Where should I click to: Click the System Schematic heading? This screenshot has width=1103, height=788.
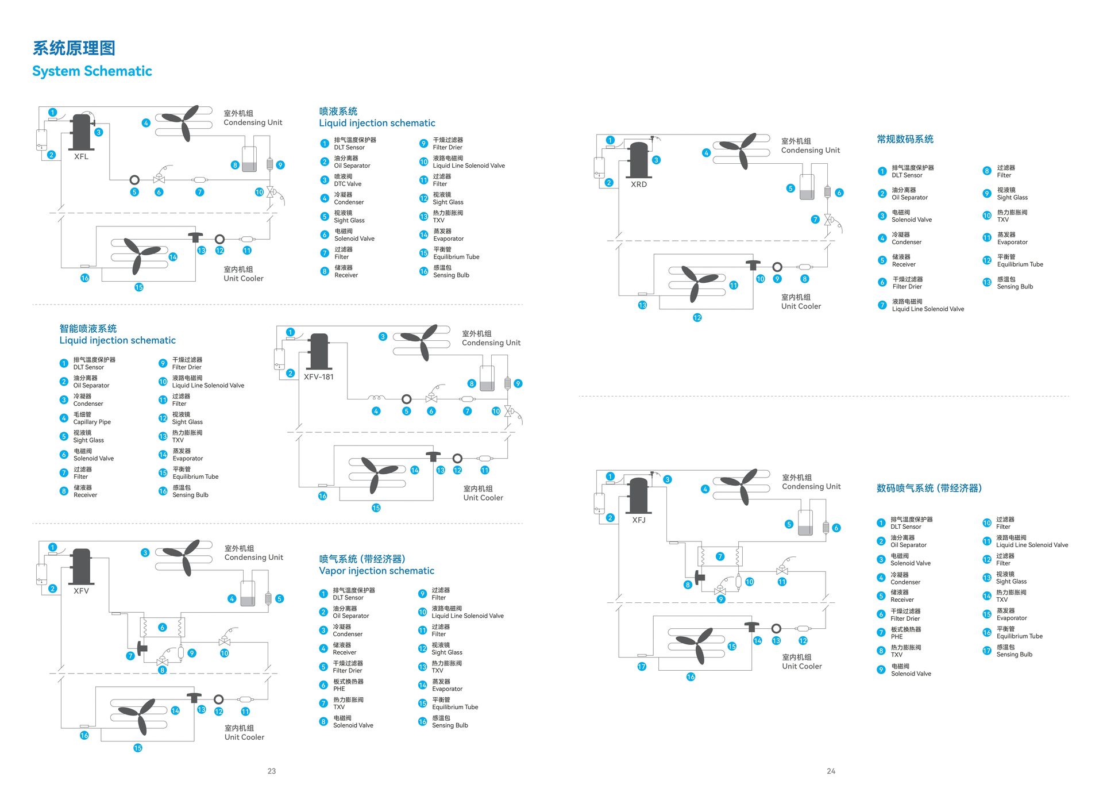[x=92, y=71]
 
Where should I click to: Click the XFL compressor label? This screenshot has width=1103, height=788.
[x=81, y=157]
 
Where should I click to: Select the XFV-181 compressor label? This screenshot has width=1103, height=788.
[x=319, y=377]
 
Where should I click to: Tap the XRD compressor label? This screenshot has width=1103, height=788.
[x=639, y=184]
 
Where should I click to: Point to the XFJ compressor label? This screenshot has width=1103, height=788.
[x=639, y=520]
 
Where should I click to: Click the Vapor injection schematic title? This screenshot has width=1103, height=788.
[x=377, y=571]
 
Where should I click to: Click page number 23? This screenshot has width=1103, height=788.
[x=272, y=771]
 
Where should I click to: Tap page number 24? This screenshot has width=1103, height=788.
[x=831, y=771]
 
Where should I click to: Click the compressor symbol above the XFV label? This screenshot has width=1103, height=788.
[x=81, y=567]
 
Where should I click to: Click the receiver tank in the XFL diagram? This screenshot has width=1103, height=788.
[x=249, y=159]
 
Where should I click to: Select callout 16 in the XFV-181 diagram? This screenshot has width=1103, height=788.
[x=322, y=496]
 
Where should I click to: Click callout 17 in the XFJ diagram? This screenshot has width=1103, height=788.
[x=642, y=667]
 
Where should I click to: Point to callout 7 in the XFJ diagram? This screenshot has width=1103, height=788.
[x=720, y=556]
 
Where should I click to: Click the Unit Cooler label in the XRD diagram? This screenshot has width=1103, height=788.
[x=801, y=306]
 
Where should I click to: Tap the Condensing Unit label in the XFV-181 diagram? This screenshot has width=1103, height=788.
[x=491, y=343]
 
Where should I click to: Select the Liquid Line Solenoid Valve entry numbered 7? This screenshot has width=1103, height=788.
[x=928, y=309]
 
